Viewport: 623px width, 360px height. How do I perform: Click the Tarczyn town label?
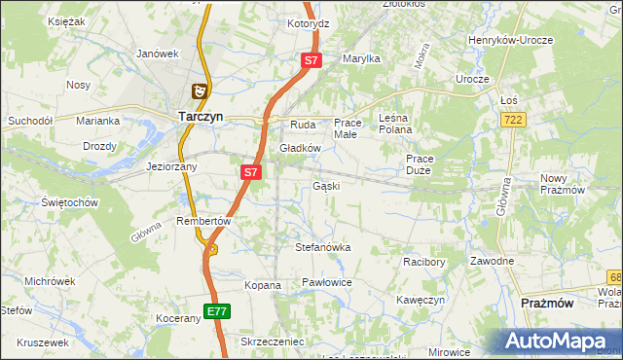pyautogui.click(x=202, y=116)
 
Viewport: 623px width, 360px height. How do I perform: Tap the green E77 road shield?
pyautogui.click(x=217, y=311)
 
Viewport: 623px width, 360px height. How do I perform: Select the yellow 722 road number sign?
pyautogui.click(x=513, y=119)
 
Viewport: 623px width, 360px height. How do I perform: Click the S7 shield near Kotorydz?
pyautogui.click(x=311, y=60)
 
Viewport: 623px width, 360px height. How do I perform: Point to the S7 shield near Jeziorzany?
pyautogui.click(x=250, y=172)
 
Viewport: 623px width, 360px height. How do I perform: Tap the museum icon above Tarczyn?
pyautogui.click(x=199, y=91)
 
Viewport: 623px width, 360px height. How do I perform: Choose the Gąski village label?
pyautogui.click(x=325, y=185)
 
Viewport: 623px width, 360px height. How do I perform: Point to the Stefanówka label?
pyautogui.click(x=322, y=247)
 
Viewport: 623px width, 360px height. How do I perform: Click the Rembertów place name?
pyautogui.click(x=202, y=221)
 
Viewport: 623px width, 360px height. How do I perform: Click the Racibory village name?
pyautogui.click(x=424, y=262)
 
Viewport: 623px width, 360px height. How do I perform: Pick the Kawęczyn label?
pyautogui.click(x=421, y=300)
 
